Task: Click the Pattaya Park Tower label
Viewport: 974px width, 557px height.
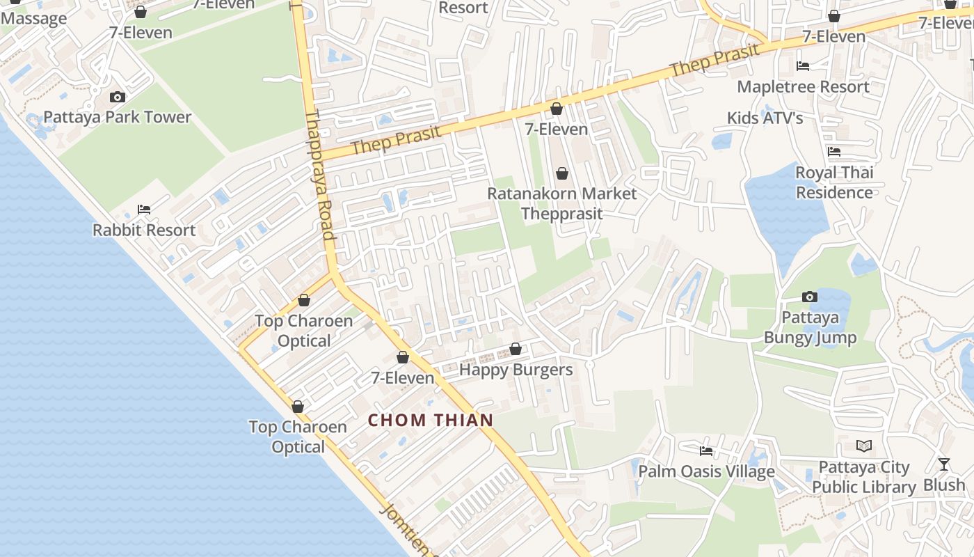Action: click(x=117, y=117)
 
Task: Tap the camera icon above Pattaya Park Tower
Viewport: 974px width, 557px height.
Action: click(x=118, y=97)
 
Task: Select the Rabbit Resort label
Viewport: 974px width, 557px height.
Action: click(x=144, y=230)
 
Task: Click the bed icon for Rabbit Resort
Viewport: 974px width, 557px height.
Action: click(x=144, y=209)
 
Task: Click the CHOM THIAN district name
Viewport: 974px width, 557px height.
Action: click(x=430, y=420)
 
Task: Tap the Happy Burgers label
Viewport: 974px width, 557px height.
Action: click(x=516, y=370)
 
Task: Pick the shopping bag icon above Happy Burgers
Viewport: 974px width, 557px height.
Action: click(x=516, y=349)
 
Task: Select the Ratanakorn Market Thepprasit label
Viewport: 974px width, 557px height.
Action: click(x=561, y=203)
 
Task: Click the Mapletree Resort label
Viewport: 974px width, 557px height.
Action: click(x=803, y=87)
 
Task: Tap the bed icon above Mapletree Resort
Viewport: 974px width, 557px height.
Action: click(x=803, y=66)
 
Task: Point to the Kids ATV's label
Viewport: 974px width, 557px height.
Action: click(x=765, y=118)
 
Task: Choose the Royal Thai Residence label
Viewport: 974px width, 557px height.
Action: click(x=834, y=182)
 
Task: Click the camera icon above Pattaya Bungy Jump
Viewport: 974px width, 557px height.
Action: click(x=809, y=297)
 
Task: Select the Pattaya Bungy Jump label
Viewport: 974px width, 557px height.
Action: click(x=810, y=328)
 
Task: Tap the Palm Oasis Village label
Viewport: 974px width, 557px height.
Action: click(x=706, y=471)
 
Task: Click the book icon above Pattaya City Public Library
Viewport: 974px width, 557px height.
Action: click(x=864, y=446)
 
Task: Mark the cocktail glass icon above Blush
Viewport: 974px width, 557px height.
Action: click(x=944, y=464)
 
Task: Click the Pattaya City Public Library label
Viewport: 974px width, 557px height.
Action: click(x=864, y=477)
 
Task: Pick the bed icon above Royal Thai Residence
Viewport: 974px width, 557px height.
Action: click(x=834, y=151)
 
